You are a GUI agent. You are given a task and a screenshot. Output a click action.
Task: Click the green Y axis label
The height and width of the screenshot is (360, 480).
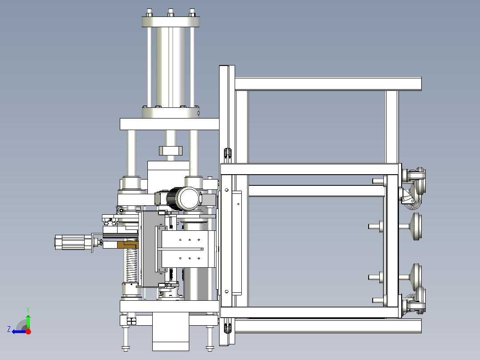click(x=28, y=310)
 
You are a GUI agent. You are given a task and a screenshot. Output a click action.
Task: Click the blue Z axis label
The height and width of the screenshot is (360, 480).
click(x=9, y=329)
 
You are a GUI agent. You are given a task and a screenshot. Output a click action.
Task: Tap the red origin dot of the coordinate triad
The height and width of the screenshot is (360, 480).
click(x=28, y=331)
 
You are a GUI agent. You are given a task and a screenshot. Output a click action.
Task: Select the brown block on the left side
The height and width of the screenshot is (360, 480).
click(x=128, y=245)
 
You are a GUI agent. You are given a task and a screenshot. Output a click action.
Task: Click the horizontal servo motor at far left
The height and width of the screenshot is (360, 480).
click(x=73, y=242)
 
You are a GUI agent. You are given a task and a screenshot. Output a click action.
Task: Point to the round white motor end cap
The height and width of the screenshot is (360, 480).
click(x=189, y=198)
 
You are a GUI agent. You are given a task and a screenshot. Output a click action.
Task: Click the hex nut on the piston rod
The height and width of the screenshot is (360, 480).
click(x=171, y=151)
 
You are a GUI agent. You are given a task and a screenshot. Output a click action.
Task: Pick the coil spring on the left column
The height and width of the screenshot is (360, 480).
click(x=131, y=265)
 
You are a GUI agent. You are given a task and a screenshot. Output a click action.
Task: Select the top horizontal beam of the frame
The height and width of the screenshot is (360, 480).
click(x=328, y=84)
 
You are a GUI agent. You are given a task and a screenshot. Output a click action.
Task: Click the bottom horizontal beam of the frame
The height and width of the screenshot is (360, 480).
click(x=328, y=326)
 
